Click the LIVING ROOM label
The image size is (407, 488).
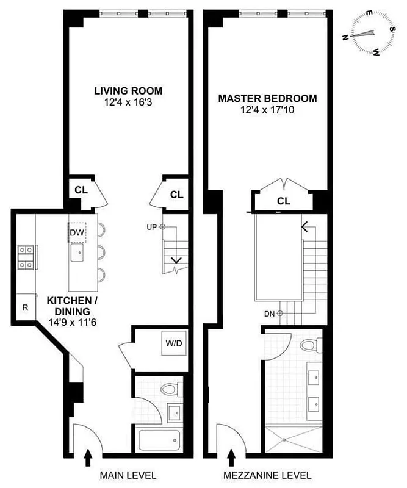click(x=128, y=91)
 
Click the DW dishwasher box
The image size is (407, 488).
click(x=77, y=232)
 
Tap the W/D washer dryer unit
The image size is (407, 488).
click(x=173, y=343)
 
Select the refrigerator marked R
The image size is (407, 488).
click(x=26, y=307)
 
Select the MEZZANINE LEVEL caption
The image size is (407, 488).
click(x=268, y=475)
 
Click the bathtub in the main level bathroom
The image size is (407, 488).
click(x=158, y=440)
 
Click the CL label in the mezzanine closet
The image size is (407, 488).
click(x=283, y=201)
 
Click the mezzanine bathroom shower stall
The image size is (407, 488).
click(x=293, y=438)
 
